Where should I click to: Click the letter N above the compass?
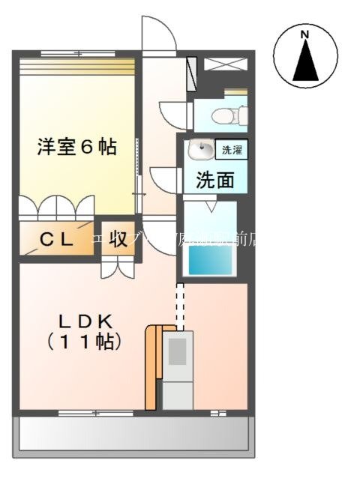pos(304,34)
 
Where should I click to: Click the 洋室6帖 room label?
pos(77,147)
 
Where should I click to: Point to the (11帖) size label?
pos(84,342)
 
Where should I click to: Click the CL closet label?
pos(56,240)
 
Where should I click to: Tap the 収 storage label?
pos(118,240)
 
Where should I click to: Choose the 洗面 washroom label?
pos(215,180)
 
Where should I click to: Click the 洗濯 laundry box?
pos(230,150)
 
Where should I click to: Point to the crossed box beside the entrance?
pos(224,64)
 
